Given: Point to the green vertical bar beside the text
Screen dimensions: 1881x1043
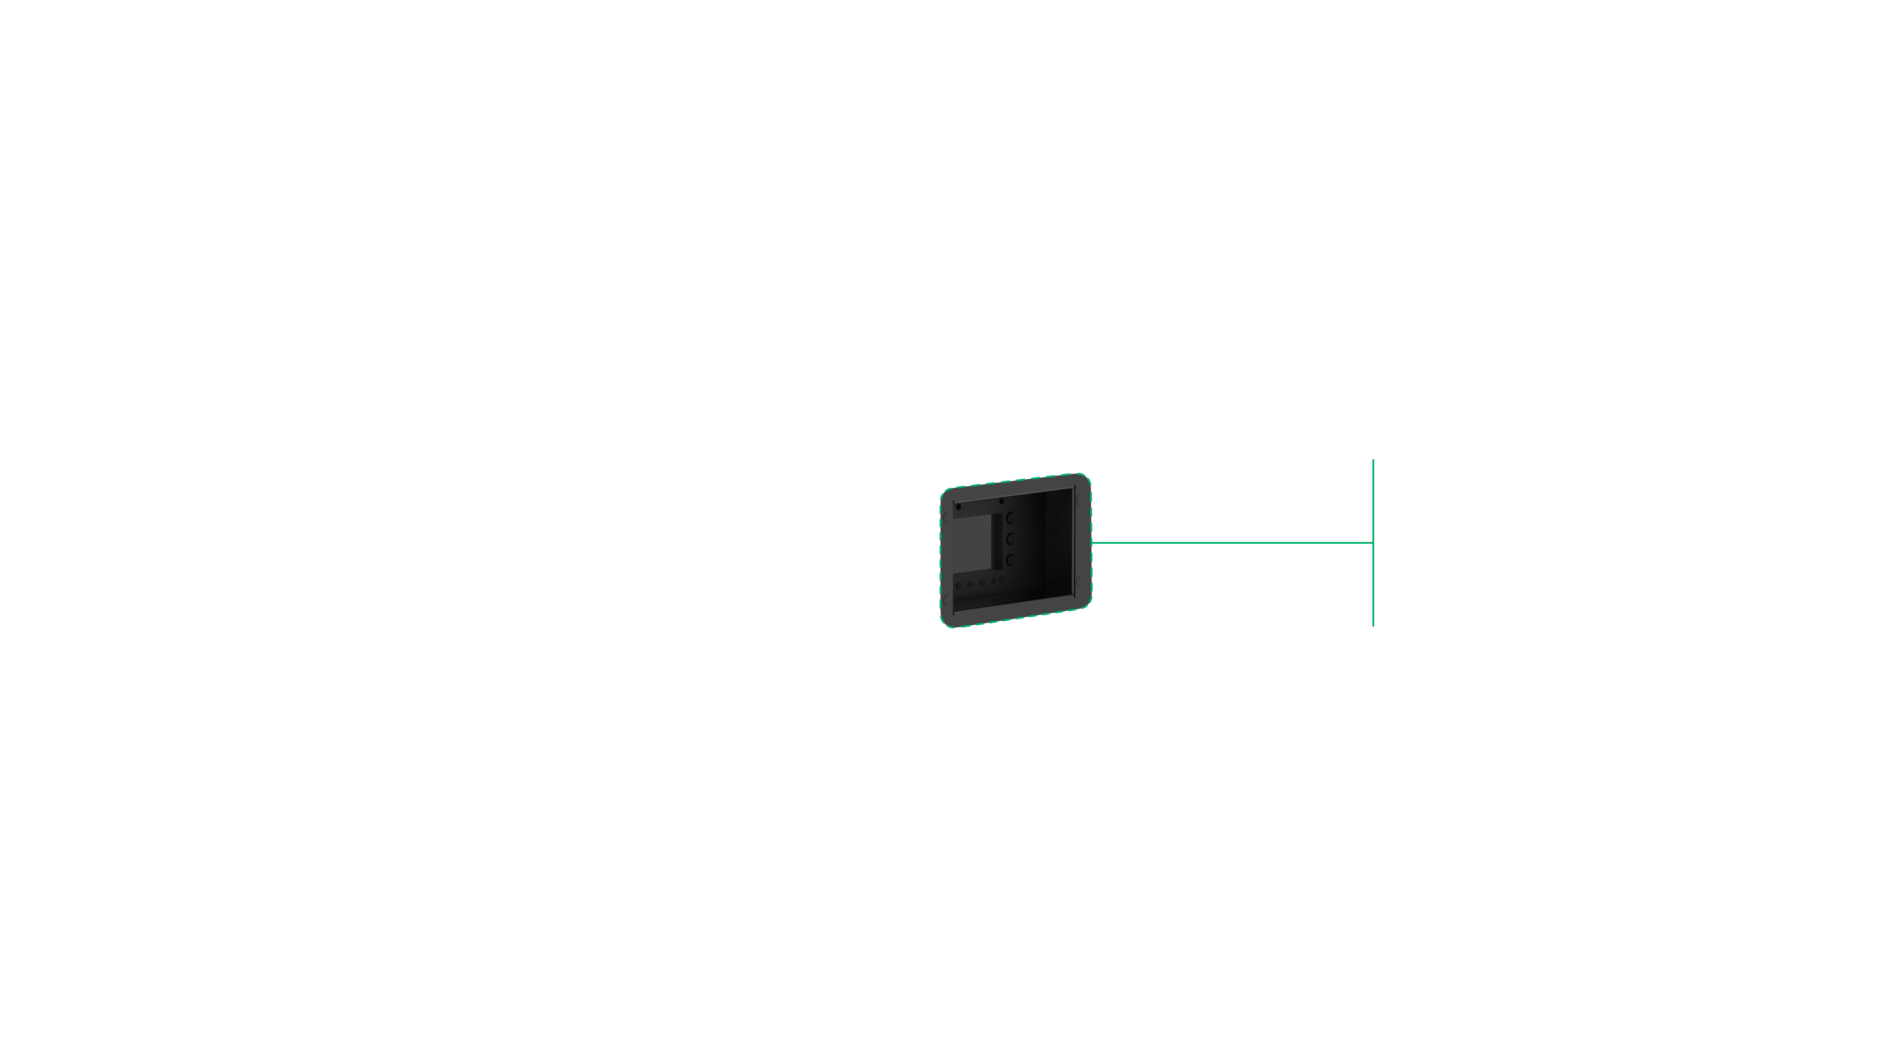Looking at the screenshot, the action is click(x=1373, y=542).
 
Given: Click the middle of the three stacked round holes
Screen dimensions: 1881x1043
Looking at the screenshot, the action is click(x=1010, y=539).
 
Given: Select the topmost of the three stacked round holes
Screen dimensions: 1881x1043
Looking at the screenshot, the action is click(x=1010, y=517).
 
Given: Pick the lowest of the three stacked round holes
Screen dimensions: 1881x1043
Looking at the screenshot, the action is click(x=1010, y=560).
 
